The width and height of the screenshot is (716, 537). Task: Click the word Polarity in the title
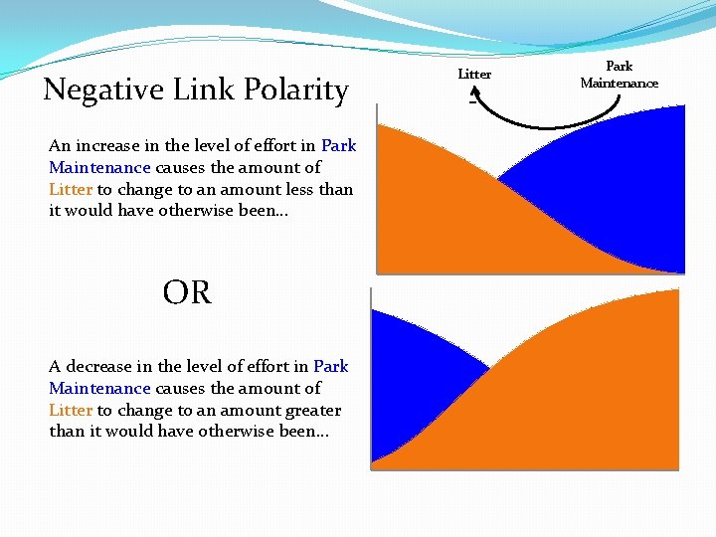[299, 90]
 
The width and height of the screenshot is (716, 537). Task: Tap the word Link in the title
[198, 90]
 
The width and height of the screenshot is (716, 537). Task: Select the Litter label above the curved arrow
[474, 75]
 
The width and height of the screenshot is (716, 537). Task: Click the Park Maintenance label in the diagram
[619, 75]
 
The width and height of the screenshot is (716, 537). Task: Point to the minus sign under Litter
[472, 97]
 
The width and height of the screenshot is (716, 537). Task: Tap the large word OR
[187, 293]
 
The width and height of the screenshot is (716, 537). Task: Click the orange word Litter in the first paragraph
[71, 189]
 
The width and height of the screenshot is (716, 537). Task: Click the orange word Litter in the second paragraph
[71, 410]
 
